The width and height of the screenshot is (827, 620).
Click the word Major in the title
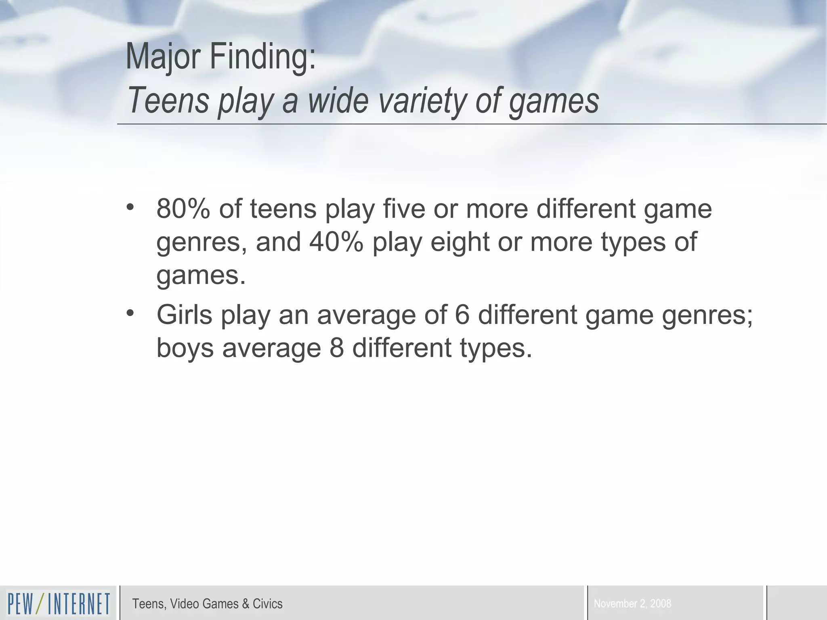[163, 57]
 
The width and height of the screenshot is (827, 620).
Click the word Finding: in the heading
[262, 57]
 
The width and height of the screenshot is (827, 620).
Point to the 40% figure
[336, 242]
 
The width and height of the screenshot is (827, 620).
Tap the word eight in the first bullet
[460, 242]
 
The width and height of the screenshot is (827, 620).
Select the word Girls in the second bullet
[184, 315]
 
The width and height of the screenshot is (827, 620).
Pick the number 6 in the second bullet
[462, 315]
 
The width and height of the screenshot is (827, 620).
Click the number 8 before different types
[336, 348]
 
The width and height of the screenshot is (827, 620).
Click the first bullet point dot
[130, 207]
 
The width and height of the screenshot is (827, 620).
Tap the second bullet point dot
[130, 313]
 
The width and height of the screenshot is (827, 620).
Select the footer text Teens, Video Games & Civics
[207, 604]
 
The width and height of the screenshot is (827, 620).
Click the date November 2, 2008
[632, 604]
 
